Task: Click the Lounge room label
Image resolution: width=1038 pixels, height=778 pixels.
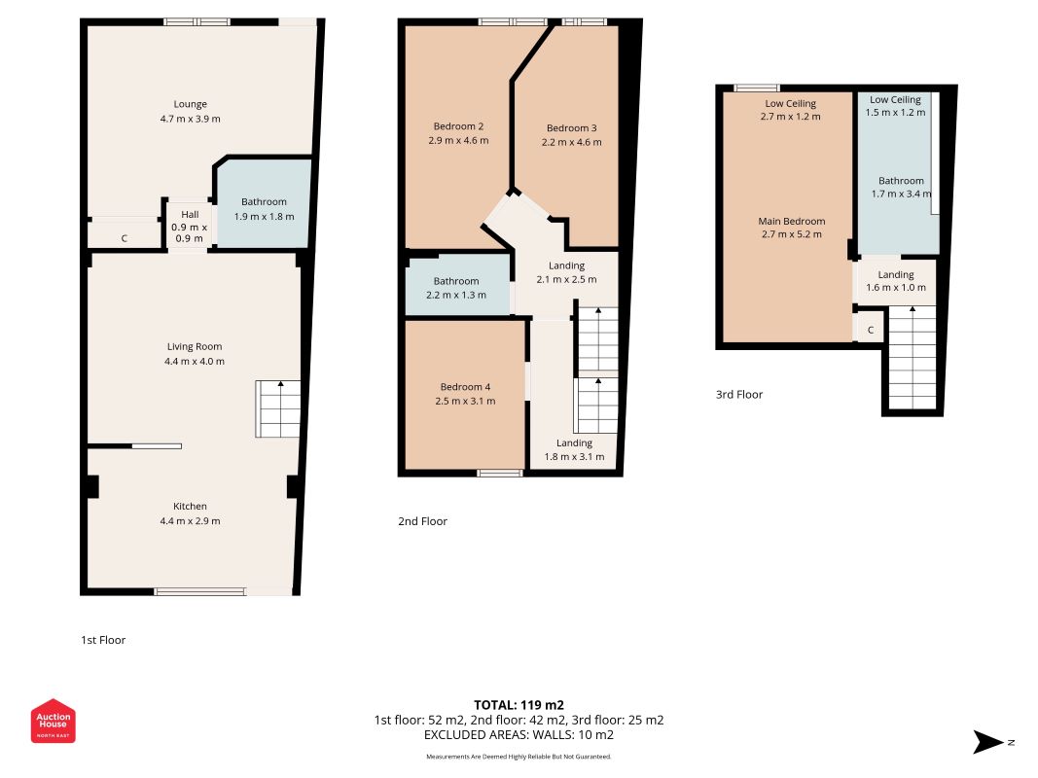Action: point(190,104)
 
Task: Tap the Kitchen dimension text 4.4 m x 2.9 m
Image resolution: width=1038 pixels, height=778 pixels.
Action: point(190,520)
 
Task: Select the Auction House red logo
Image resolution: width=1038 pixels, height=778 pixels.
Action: point(53,721)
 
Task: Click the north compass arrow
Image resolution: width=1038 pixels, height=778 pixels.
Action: point(988,742)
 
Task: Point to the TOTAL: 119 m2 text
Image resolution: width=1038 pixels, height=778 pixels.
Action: point(519,704)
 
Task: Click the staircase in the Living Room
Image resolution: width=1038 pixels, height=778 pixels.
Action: point(278,408)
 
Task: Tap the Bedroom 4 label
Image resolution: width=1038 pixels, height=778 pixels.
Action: point(465,386)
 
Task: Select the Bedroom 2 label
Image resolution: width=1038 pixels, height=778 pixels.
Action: point(458,125)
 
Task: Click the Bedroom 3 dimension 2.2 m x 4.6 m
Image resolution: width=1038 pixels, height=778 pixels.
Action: point(571,142)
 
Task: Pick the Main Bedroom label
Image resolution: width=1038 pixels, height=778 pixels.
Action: point(792,221)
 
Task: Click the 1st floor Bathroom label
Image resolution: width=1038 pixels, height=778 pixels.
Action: point(264,201)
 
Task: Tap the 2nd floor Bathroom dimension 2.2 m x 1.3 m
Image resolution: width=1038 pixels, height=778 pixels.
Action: point(456,295)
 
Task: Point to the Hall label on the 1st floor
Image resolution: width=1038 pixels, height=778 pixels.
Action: point(190,214)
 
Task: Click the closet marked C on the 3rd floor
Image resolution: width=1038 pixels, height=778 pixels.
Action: point(871,330)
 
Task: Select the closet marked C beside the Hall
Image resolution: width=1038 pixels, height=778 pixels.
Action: point(125,237)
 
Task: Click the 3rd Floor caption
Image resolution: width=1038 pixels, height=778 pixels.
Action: point(738,394)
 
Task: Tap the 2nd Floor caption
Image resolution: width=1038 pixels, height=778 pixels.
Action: point(422,521)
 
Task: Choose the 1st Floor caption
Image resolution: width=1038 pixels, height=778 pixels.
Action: point(102,640)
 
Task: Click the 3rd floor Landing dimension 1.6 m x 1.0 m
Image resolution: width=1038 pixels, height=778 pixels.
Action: point(896,288)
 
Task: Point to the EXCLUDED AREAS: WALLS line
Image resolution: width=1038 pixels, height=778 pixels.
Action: point(519,735)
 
